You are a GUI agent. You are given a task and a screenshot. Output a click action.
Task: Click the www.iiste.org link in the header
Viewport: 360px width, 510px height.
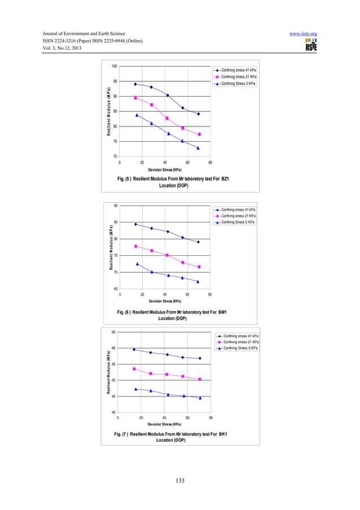[x=302, y=34]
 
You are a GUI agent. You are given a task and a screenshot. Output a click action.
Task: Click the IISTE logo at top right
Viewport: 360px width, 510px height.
[x=310, y=46]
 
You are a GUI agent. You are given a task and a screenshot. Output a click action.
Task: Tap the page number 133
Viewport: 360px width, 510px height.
[x=179, y=481]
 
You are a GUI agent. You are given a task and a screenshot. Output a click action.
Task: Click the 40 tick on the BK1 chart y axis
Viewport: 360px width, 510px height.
[x=114, y=413]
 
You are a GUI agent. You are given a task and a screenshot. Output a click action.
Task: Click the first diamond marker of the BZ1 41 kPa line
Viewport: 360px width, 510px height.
[x=135, y=84]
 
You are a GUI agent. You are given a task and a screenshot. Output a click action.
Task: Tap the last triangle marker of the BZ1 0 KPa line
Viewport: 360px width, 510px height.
[x=198, y=148]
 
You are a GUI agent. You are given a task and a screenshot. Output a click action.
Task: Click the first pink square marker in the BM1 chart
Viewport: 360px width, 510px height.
[x=136, y=246]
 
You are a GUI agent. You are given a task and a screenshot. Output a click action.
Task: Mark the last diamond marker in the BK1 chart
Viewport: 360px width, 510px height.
[x=200, y=358]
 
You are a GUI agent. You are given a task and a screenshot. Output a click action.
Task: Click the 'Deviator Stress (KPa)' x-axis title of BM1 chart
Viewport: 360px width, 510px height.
[x=165, y=301]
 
